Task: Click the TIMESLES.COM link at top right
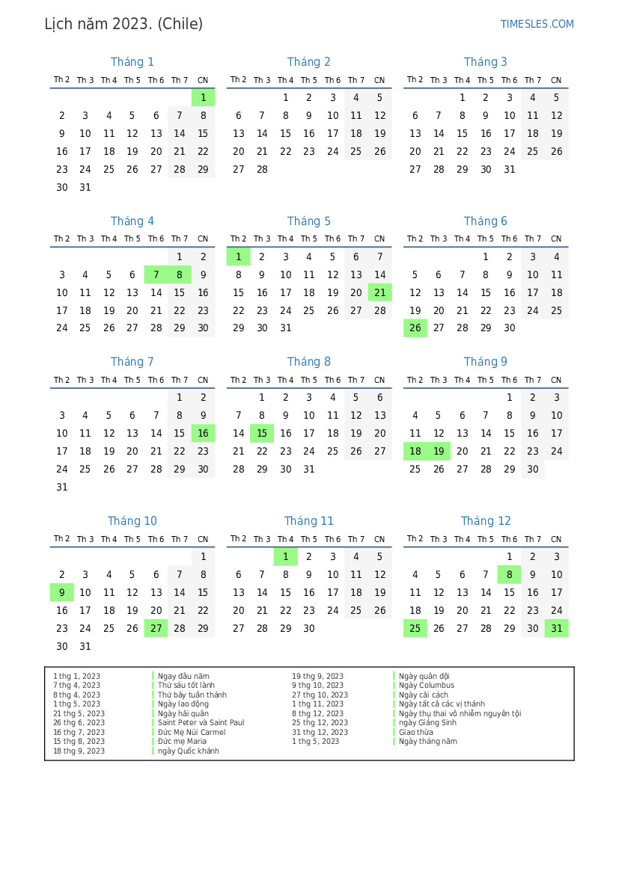(537, 24)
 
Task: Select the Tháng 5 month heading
(308, 221)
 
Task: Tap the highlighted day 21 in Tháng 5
(379, 293)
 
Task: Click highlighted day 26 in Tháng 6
(415, 328)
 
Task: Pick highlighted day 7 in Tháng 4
(156, 275)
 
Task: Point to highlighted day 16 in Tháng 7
(203, 434)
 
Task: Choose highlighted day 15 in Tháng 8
(262, 434)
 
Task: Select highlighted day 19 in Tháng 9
(439, 452)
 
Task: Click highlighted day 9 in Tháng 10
(62, 593)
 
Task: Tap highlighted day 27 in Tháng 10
(156, 629)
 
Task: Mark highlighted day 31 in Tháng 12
(556, 629)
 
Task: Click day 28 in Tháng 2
(262, 169)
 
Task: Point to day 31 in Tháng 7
(62, 487)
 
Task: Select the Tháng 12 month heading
(486, 521)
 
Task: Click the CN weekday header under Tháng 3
(556, 81)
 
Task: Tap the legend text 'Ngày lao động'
(183, 704)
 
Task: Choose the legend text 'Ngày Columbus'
(426, 686)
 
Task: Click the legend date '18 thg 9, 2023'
(79, 751)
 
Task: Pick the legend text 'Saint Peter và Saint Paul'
(201, 723)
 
